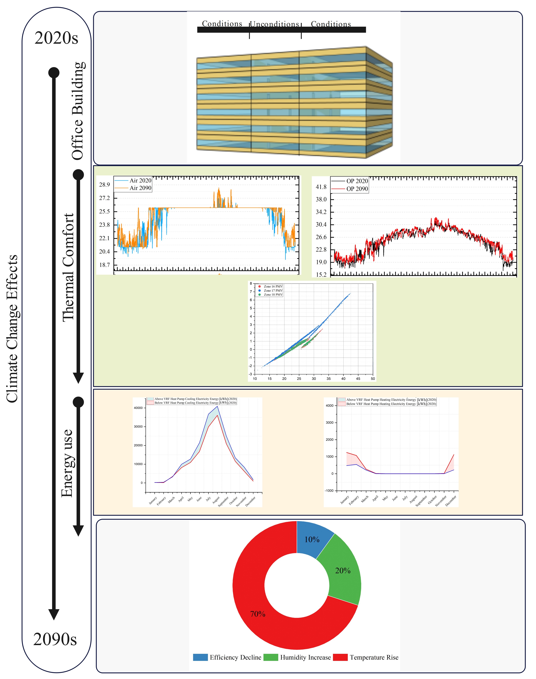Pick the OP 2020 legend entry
357,181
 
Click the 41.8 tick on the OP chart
321,187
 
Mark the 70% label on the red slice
258,614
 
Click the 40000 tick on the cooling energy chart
138,408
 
